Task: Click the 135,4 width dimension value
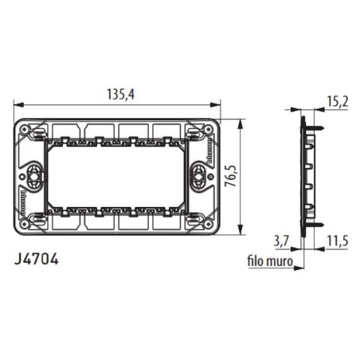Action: [119, 94]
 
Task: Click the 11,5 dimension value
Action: [338, 239]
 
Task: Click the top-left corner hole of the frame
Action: [29, 130]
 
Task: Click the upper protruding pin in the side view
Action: [315, 125]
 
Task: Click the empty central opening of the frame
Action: [119, 176]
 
